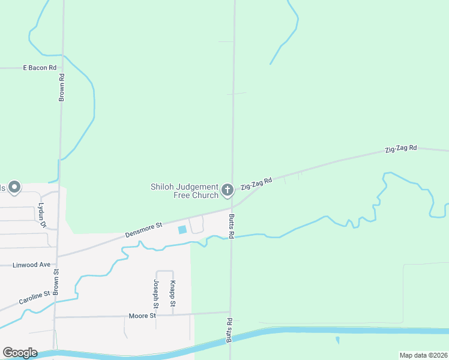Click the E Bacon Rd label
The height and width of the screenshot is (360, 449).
tap(39, 68)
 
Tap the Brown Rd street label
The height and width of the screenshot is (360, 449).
tap(62, 86)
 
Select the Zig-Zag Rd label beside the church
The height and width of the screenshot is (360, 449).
tap(256, 183)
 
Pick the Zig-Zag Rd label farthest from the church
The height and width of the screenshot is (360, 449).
tap(400, 148)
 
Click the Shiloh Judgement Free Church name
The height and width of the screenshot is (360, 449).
tap(184, 191)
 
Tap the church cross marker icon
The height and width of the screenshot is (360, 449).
tap(228, 190)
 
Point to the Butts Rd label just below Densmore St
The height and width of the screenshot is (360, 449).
tap(232, 225)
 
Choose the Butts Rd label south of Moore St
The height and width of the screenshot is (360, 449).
tap(229, 330)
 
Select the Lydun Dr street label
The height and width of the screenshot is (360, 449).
tap(41, 214)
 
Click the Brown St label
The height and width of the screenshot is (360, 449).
tap(56, 280)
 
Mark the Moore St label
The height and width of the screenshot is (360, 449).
tap(142, 316)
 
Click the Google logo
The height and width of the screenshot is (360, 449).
tap(20, 353)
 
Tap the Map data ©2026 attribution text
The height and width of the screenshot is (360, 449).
tap(423, 355)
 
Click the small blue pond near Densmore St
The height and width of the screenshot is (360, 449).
tap(182, 230)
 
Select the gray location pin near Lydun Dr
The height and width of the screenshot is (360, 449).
tap(14, 188)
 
